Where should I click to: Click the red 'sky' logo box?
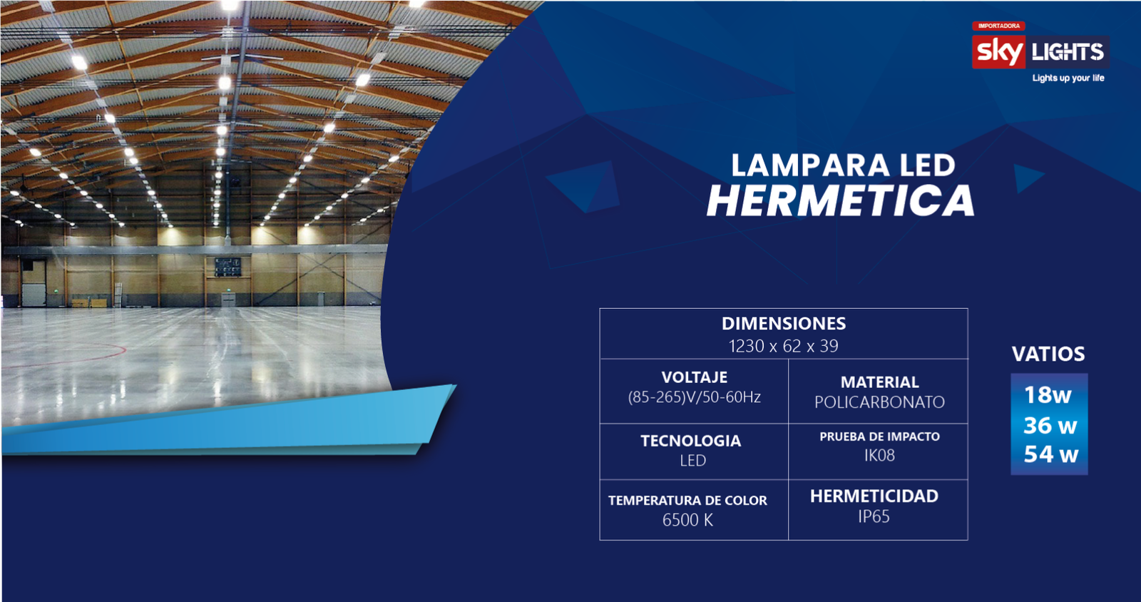coord(998,52)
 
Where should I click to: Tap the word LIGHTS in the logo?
coord(1068,52)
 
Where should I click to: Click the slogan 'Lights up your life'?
coord(1068,78)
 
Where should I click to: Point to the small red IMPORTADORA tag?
coord(998,26)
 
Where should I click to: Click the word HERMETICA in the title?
coord(841,200)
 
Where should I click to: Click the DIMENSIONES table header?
coord(784,323)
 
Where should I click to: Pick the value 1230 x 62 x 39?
coord(784,347)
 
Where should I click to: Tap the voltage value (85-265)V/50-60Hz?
coord(695,397)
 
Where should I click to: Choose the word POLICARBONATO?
coord(880,402)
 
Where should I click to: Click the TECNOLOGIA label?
coord(691,441)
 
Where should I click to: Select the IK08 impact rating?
coord(879,455)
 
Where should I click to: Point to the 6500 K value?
coord(687,520)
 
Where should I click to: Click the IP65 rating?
coord(874,516)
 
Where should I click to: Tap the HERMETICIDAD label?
coord(874,496)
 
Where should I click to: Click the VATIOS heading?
coord(1048,354)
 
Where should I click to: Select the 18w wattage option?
coord(1048,395)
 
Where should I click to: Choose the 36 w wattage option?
coord(1050,425)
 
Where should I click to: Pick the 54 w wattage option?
coord(1051,454)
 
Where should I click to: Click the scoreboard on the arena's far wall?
coord(227,266)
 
